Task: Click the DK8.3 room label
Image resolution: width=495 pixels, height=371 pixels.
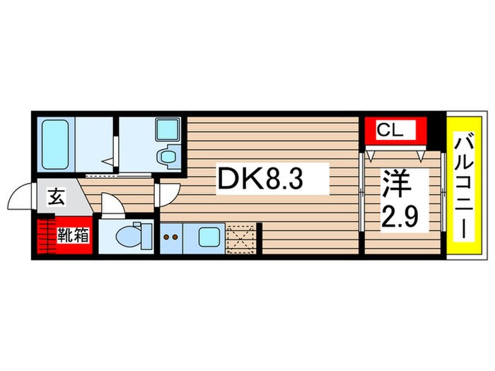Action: click(260, 179)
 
